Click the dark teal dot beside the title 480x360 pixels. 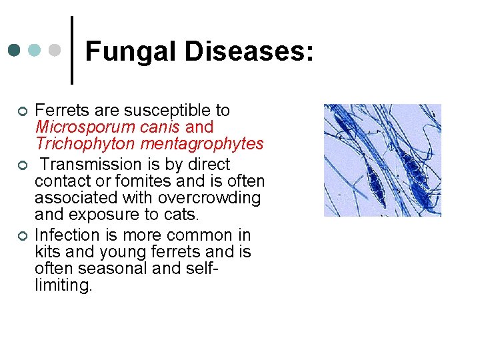14,50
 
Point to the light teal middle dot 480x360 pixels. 35,50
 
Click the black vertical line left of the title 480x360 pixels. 72,50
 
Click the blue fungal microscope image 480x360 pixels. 382,160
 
